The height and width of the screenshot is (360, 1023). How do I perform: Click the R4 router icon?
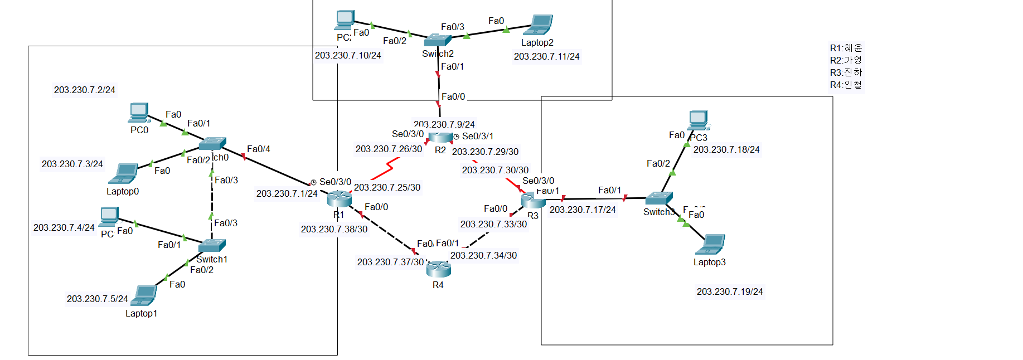click(438, 269)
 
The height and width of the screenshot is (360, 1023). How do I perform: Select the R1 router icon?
click(339, 198)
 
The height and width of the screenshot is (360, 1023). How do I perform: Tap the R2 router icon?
click(441, 137)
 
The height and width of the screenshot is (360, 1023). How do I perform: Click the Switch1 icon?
click(212, 245)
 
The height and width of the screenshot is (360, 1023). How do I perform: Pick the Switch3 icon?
click(659, 198)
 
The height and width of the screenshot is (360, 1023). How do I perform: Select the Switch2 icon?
click(437, 40)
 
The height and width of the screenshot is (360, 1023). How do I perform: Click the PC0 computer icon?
click(139, 113)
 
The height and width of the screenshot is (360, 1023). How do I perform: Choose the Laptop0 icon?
click(124, 174)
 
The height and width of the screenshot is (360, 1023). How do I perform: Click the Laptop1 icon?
click(144, 296)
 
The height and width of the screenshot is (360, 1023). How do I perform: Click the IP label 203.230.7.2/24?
click(85, 90)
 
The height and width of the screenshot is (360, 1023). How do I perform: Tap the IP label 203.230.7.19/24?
click(730, 291)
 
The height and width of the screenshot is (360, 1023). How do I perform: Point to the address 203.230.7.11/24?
click(546, 56)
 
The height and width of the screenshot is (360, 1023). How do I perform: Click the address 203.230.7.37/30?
click(390, 262)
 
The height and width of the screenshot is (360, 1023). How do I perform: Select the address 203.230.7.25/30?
click(387, 187)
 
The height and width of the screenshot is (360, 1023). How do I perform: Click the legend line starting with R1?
click(846, 48)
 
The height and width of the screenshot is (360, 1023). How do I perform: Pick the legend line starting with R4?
click(846, 85)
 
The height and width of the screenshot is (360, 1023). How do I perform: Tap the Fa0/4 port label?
click(259, 149)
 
